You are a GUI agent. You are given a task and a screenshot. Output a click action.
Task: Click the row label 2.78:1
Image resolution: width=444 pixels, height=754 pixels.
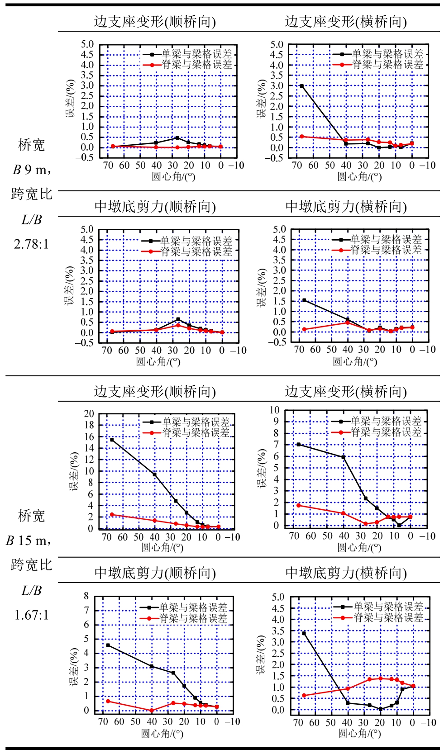click(31, 245)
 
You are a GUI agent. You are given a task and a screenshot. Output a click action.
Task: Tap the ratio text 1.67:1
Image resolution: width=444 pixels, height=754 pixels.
click(31, 615)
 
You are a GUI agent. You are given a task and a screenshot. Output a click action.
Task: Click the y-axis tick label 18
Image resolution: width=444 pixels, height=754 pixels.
click(89, 425)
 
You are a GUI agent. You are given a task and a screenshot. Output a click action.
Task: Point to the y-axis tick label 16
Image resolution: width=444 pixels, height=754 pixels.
click(89, 437)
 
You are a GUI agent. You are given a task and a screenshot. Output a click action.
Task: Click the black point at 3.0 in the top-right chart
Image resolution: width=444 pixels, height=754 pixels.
click(302, 86)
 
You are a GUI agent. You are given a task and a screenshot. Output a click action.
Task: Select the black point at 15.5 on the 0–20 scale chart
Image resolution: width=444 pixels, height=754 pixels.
click(112, 440)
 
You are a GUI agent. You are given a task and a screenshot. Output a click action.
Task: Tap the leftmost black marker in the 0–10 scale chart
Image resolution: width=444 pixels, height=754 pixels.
click(299, 445)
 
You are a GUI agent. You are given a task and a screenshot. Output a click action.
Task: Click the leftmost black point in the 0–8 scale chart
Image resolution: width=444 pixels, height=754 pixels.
click(108, 645)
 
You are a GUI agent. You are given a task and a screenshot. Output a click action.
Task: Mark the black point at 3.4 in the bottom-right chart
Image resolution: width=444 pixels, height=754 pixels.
click(304, 633)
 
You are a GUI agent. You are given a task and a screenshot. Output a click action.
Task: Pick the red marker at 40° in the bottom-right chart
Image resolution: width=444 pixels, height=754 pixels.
click(348, 688)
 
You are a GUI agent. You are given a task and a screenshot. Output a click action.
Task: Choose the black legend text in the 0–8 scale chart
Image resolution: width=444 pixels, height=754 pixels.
click(193, 607)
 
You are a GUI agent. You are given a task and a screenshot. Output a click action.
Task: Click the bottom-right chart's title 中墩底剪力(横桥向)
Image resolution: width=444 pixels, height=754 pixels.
click(346, 573)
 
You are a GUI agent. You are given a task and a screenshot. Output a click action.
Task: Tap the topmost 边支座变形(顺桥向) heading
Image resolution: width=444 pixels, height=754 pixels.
click(155, 22)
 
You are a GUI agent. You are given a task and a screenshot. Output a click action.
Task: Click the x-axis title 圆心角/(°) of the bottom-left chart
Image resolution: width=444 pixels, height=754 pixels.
click(162, 733)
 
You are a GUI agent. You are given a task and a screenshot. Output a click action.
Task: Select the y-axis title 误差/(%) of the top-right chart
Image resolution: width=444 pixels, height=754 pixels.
click(262, 99)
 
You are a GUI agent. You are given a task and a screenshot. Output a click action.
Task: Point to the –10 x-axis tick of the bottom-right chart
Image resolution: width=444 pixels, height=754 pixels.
click(428, 722)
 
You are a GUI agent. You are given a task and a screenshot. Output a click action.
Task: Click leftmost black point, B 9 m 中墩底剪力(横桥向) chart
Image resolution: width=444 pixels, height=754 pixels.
click(304, 300)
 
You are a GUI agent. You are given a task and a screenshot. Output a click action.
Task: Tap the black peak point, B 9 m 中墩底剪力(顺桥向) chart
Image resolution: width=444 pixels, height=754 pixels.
click(178, 319)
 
